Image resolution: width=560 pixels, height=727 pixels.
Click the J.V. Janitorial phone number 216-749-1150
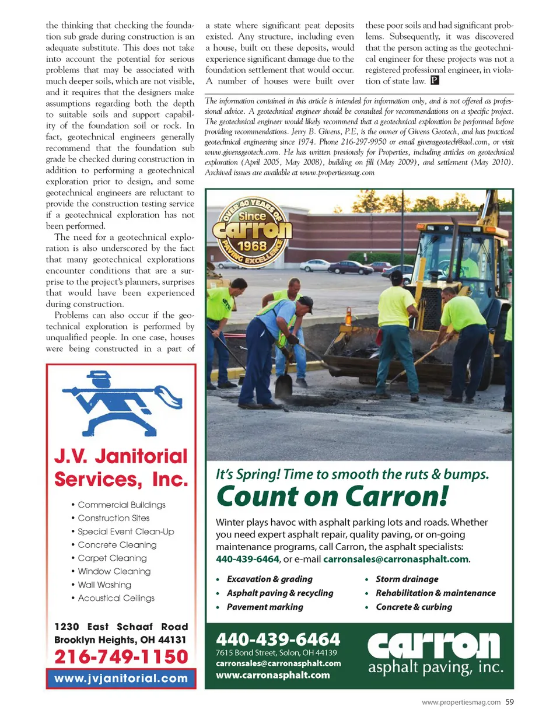tap(121, 657)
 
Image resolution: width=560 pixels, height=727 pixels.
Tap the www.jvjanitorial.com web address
tap(121, 679)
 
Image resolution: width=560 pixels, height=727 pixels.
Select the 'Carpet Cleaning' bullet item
tap(112, 558)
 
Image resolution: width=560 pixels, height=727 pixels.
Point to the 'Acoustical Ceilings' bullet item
tap(116, 598)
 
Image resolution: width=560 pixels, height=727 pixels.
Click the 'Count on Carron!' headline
tap(332, 497)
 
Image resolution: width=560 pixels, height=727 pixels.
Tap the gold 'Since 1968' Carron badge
tap(251, 232)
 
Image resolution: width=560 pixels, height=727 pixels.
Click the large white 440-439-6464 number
tap(278, 639)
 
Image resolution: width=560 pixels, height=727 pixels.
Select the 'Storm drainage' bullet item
tap(407, 579)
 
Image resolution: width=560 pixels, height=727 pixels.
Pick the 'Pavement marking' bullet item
tap(265, 607)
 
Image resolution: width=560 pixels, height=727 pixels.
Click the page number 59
tap(510, 702)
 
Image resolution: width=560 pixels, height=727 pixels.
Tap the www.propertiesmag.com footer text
tap(461, 702)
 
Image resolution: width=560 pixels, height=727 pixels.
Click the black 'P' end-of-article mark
tap(435, 81)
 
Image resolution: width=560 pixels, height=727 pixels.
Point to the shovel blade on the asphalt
tap(283, 386)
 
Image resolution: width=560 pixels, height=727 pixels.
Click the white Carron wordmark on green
tap(434, 646)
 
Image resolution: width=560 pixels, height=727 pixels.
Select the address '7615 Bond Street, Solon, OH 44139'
tap(276, 653)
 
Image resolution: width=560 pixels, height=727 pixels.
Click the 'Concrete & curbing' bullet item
tap(414, 607)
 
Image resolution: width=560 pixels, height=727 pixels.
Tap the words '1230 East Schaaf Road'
tap(121, 627)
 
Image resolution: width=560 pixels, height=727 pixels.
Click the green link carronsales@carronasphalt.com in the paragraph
tap(395, 559)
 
